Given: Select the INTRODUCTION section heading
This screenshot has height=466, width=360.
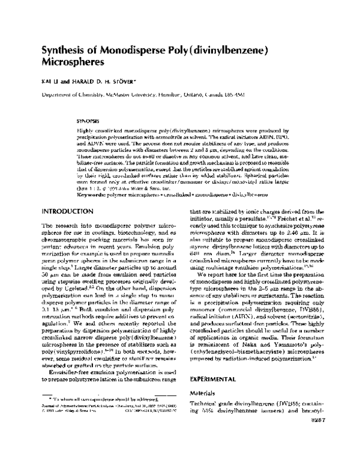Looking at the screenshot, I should tap(67, 195).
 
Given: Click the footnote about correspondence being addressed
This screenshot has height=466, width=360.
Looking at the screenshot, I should tap(102, 415).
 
